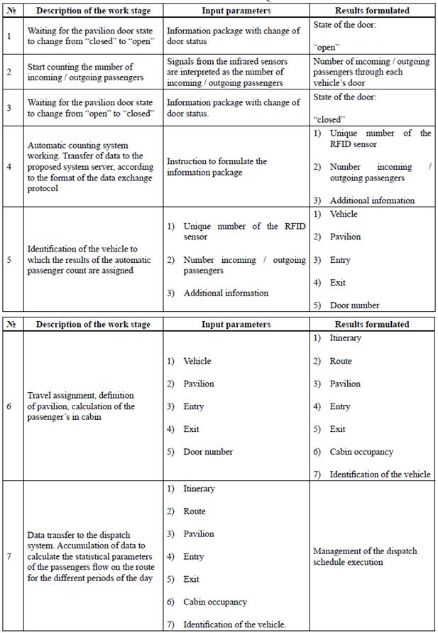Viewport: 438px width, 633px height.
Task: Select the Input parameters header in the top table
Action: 236,11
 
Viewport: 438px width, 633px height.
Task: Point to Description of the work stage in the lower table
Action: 93,324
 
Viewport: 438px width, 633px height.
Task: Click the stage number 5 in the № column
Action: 9,259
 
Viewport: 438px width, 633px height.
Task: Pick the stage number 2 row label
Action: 9,72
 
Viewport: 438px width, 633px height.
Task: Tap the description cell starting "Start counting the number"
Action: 85,72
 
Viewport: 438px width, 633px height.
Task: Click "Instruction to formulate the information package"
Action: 217,166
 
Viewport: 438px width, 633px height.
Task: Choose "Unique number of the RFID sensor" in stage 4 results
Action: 379,138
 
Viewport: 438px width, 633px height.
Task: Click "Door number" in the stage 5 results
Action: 354,305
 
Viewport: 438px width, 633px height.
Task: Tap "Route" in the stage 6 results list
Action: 340,361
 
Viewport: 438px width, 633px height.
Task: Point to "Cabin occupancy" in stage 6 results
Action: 361,452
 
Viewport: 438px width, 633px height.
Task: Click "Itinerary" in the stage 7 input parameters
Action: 199,489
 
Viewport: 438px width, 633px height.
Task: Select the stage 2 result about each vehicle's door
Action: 371,72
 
